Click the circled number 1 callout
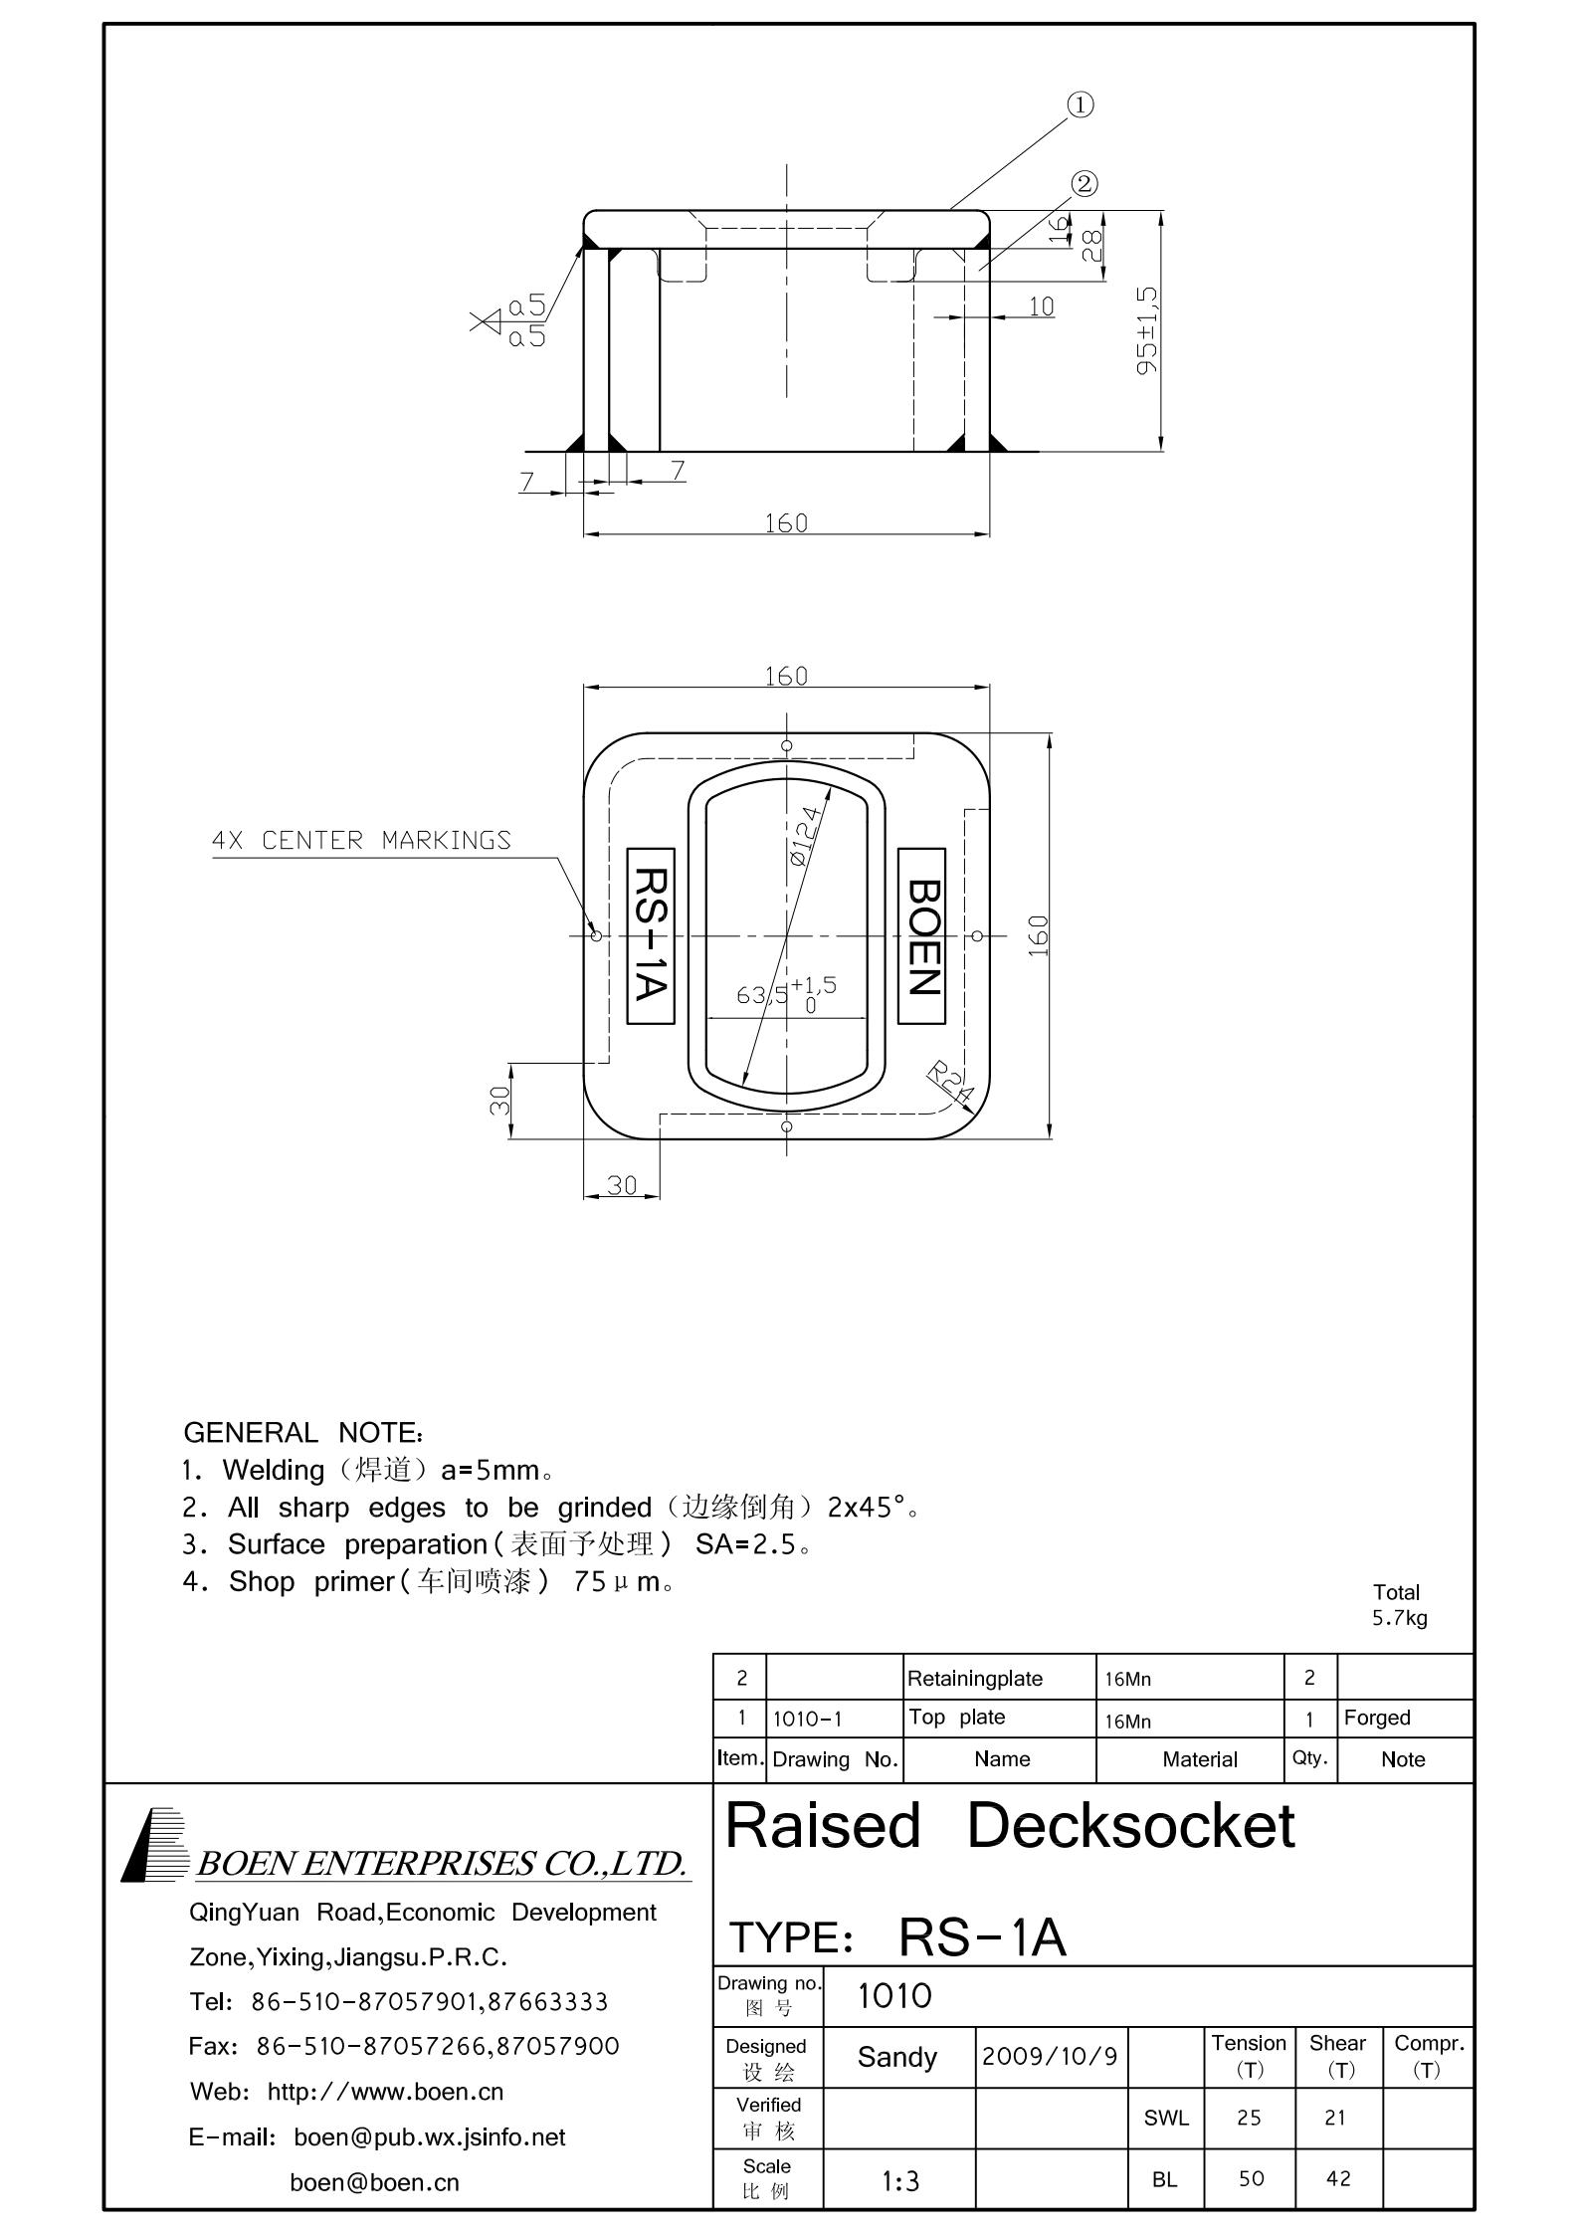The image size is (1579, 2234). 1081,104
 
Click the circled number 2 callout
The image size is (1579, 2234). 1085,184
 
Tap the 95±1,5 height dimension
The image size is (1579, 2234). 1147,330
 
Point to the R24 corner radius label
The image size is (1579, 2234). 949,1082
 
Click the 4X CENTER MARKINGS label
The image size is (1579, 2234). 361,841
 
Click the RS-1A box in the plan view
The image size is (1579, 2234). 651,935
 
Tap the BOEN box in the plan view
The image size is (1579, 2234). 921,935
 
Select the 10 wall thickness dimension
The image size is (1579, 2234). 1041,306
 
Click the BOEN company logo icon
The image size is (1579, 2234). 156,1845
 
